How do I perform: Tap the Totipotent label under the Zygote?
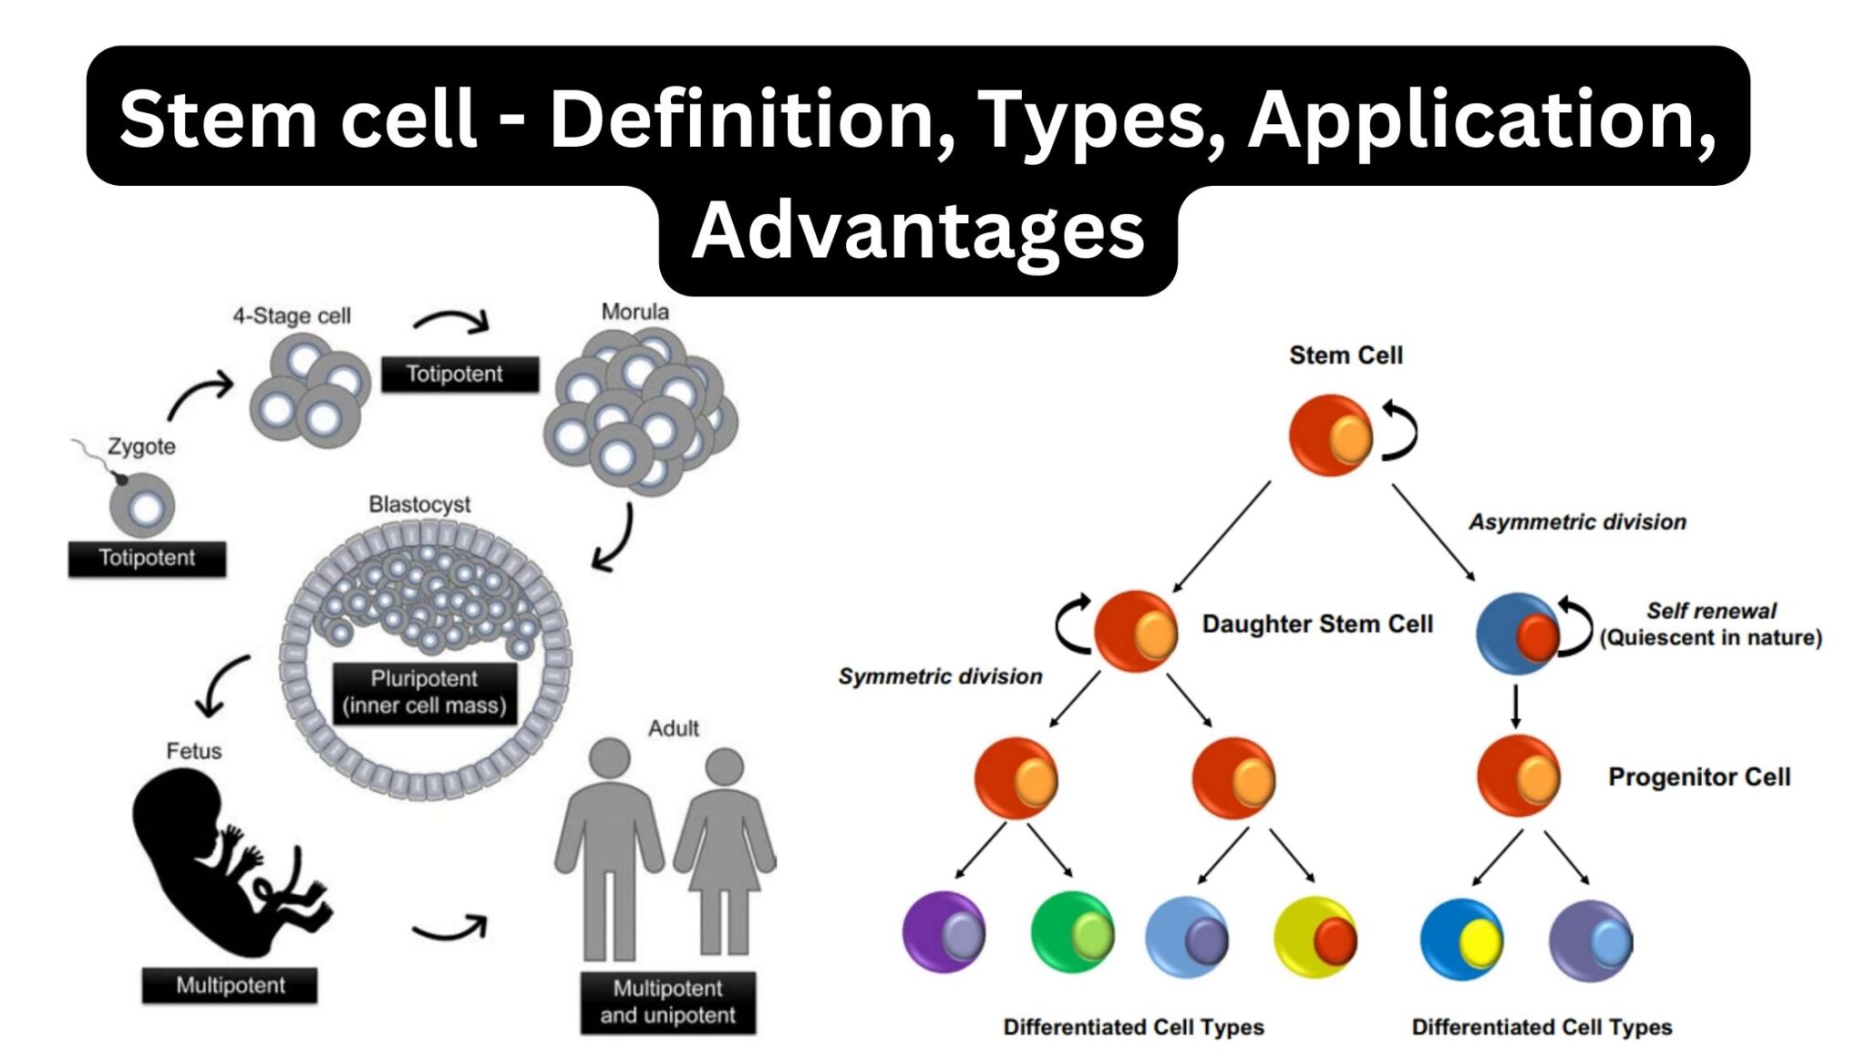(147, 558)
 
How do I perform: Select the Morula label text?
(634, 312)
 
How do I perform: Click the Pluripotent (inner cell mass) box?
(424, 692)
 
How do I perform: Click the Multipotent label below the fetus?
(230, 985)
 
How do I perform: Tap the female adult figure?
(725, 848)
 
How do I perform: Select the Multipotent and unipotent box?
(667, 1002)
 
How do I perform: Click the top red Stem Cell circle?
(1330, 435)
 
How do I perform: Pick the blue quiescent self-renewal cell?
(1517, 633)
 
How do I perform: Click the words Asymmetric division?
(1577, 522)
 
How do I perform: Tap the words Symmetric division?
(940, 676)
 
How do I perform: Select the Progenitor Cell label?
(1698, 777)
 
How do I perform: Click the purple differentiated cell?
(944, 932)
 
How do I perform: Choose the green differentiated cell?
(1072, 932)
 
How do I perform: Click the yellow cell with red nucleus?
(1315, 935)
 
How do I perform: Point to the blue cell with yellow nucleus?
(1461, 939)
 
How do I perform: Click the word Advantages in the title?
(917, 231)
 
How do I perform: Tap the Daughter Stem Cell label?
(1316, 624)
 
